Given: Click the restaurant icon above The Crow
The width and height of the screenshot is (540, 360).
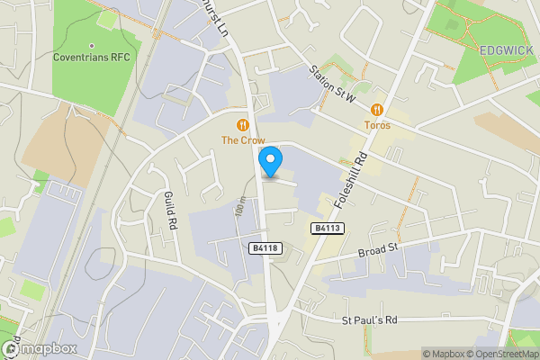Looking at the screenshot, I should (242, 124).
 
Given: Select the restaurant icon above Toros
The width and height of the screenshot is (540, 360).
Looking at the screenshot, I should (378, 110).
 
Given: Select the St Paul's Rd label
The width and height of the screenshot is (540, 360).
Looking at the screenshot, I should (370, 320).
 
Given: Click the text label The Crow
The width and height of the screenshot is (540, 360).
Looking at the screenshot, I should (242, 139).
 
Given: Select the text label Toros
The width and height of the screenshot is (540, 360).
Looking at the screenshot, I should (378, 125).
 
